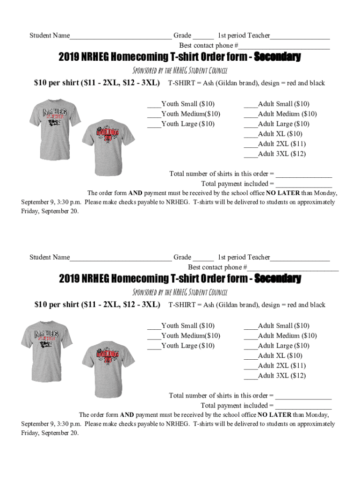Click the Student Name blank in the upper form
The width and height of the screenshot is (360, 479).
(x=120, y=36)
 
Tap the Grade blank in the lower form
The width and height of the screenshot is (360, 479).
(x=203, y=258)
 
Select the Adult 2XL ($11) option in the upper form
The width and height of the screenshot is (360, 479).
(x=251, y=144)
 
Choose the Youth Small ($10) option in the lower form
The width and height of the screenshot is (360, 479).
(x=154, y=326)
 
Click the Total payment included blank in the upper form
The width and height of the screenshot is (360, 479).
(x=303, y=184)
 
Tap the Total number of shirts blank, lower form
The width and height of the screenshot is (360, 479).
(x=303, y=396)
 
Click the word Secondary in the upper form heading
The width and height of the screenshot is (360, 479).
(x=277, y=57)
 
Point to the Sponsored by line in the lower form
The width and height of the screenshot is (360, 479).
(x=180, y=292)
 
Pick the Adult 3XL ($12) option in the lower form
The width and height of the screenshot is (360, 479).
(x=251, y=376)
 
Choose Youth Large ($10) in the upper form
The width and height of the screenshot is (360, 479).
(x=154, y=124)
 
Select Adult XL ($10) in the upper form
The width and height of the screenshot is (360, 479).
(x=251, y=134)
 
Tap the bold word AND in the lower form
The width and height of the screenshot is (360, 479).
(x=127, y=414)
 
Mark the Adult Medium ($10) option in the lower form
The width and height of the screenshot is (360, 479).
(x=251, y=336)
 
